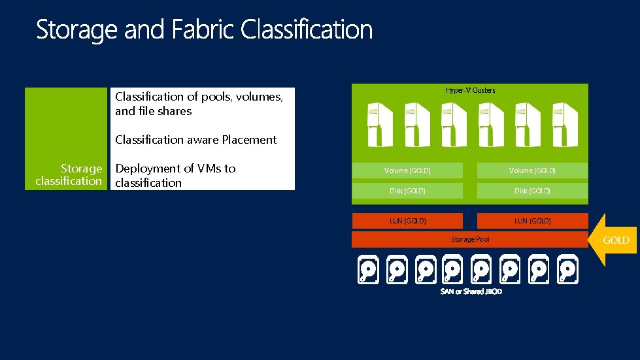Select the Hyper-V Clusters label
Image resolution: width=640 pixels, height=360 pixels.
(470, 90)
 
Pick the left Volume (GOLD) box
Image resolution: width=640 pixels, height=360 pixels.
(407, 171)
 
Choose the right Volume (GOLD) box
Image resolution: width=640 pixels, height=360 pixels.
(532, 171)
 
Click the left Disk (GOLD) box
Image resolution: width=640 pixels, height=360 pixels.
(407, 191)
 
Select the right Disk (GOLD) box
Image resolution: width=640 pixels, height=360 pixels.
(532, 191)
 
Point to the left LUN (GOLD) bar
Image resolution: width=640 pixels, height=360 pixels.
(407, 221)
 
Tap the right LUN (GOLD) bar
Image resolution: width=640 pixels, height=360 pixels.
(532, 221)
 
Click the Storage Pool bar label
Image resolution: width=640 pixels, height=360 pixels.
(470, 239)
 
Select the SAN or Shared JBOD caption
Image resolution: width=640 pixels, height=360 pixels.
(471, 291)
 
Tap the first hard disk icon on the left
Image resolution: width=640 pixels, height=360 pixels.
(369, 270)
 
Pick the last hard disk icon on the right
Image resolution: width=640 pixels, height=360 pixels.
(567, 270)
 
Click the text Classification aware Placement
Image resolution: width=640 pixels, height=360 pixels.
(195, 140)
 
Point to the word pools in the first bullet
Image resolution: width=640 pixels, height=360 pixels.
(216, 97)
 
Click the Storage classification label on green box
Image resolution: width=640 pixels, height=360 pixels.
(69, 175)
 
